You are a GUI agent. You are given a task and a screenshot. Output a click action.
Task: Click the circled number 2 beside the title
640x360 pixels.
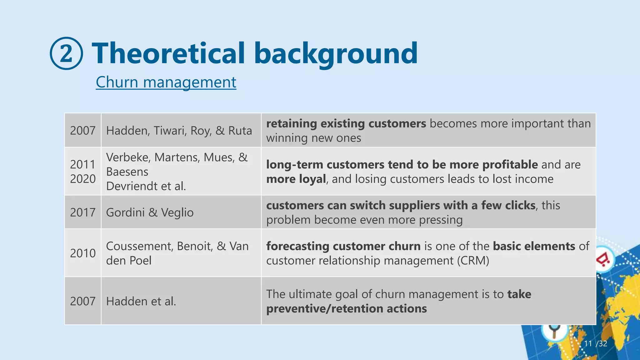pos(66,53)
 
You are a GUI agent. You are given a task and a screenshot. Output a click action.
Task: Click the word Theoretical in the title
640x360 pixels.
pos(169,53)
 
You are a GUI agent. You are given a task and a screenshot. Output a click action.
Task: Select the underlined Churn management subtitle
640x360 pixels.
pos(166,82)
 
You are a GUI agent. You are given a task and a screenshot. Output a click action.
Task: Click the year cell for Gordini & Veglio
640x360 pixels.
pos(82,212)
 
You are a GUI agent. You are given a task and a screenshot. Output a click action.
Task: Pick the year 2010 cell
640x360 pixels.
pos(82,253)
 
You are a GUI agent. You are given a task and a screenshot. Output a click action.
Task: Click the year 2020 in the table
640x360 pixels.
pos(82,179)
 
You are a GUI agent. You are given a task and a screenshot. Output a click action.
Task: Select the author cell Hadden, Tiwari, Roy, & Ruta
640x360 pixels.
pos(179,131)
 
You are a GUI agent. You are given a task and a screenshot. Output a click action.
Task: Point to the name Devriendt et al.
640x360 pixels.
pos(146,186)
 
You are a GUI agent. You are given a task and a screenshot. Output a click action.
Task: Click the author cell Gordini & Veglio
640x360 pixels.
pos(150,212)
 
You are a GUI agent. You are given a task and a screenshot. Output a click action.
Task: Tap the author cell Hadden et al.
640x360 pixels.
pos(141,301)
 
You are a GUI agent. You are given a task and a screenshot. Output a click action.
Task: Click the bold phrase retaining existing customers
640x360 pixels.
pos(346,124)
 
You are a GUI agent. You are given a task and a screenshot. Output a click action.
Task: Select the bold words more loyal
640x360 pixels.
pos(296,179)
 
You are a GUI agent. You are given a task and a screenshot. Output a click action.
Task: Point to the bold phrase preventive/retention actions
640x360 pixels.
pos(346,309)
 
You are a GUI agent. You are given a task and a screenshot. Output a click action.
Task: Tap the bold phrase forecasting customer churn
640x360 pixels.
pos(343,246)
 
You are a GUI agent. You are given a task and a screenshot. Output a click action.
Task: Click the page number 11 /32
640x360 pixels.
pos(595,344)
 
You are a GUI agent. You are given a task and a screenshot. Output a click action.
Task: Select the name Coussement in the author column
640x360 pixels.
pos(139,246)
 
